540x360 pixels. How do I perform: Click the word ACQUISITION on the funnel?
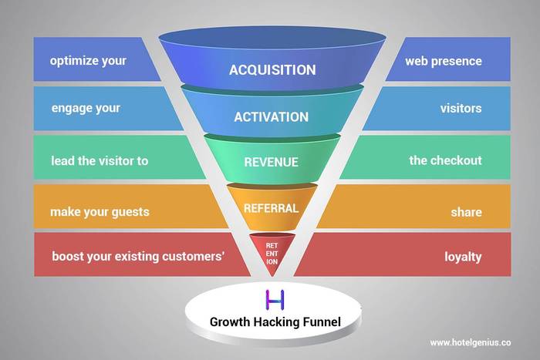click(272, 70)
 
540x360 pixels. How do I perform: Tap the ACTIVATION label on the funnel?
click(272, 117)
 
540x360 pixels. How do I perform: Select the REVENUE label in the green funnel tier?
click(272, 162)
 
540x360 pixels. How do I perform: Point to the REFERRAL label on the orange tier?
click(272, 208)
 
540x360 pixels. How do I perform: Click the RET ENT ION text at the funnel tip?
click(272, 254)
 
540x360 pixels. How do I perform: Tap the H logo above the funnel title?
click(275, 300)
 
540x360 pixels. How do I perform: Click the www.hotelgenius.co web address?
click(471, 343)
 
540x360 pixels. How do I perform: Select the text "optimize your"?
click(88, 61)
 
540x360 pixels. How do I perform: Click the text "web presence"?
click(444, 61)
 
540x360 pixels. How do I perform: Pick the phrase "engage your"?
click(86, 109)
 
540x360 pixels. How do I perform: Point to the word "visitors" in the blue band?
click(461, 109)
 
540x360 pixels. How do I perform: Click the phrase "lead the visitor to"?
click(100, 160)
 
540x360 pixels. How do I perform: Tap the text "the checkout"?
click(446, 160)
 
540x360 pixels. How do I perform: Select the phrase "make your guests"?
click(100, 212)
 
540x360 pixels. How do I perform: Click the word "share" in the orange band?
click(467, 212)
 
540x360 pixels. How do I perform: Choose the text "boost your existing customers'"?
click(138, 257)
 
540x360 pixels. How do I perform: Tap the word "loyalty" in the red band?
click(463, 257)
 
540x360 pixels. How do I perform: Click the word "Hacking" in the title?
click(277, 322)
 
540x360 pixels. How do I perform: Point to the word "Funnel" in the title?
click(322, 322)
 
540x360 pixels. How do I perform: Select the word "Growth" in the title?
click(230, 322)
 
